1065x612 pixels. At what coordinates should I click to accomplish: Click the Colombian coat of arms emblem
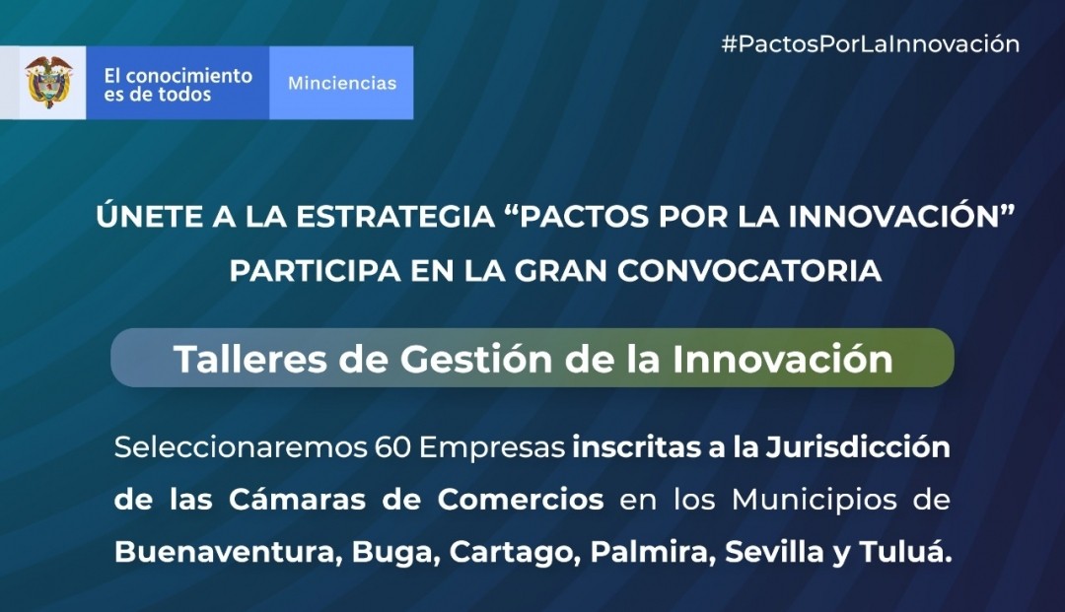point(48,82)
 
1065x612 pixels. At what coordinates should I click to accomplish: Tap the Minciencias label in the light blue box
point(341,83)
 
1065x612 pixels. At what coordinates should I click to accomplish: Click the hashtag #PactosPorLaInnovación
point(870,44)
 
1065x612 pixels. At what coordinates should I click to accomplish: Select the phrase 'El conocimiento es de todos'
point(177,85)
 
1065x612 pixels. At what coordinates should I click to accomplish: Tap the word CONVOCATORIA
point(749,271)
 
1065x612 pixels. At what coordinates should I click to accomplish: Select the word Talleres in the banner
point(249,359)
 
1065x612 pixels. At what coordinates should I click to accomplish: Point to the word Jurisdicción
point(858,447)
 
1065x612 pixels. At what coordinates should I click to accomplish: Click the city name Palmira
point(653,552)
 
